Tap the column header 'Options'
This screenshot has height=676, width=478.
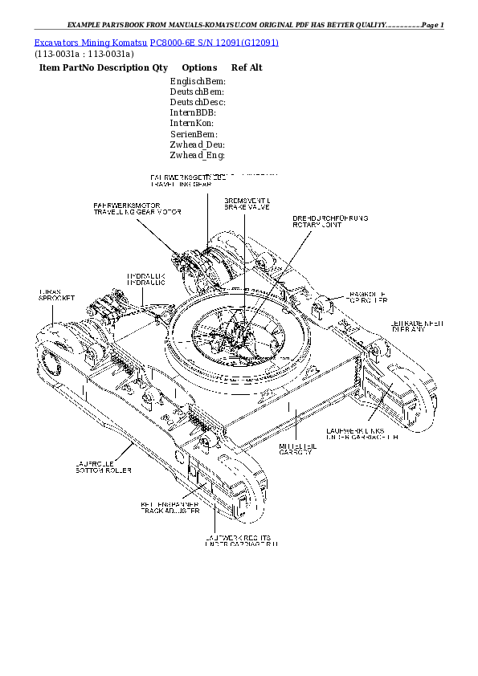click(199, 68)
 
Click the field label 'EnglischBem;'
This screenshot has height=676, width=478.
click(198, 82)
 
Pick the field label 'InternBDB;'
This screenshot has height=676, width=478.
click(193, 113)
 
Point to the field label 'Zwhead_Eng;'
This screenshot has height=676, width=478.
click(197, 155)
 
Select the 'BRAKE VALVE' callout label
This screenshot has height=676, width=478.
click(246, 207)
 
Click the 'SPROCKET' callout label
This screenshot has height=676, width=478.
click(56, 299)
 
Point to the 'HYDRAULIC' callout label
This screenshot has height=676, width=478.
click(146, 283)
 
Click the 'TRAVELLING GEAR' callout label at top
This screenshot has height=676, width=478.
click(181, 184)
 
